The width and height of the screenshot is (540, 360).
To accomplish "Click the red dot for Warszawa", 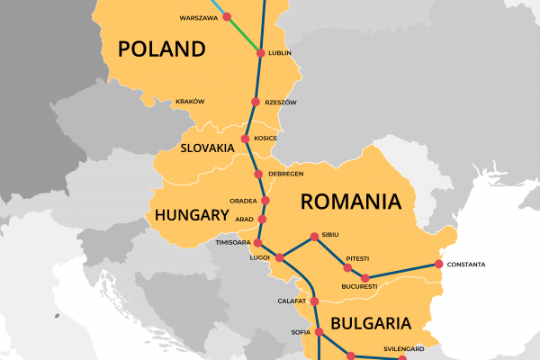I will [226, 16].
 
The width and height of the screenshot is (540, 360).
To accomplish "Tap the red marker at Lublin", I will [261, 53].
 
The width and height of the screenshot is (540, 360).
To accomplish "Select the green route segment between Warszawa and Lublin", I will [244, 35].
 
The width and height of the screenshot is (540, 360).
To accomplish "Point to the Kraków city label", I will [190, 102].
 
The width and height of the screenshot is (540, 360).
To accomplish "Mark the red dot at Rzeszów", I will [256, 103].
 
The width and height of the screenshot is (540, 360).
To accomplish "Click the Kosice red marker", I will [246, 139].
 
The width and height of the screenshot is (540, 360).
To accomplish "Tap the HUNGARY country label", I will [191, 215].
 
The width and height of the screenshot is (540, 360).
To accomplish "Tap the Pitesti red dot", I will [347, 267].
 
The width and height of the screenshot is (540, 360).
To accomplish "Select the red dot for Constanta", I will [438, 264].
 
